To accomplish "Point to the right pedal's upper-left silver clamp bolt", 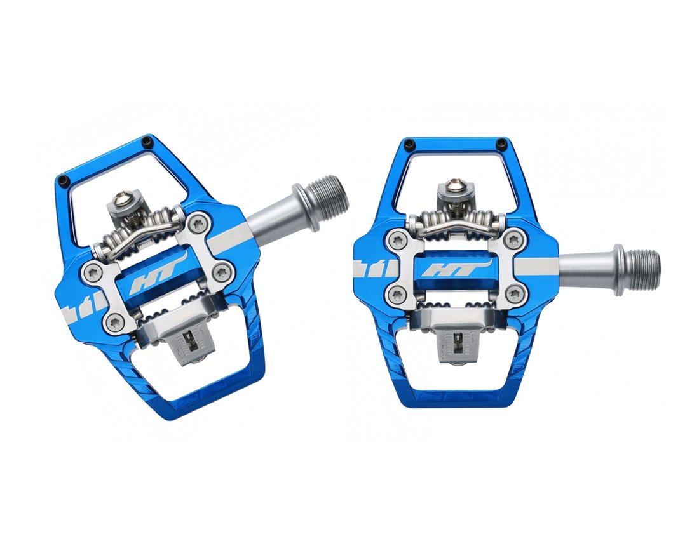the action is click(x=398, y=239).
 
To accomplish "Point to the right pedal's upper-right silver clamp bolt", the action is click(x=513, y=239).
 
